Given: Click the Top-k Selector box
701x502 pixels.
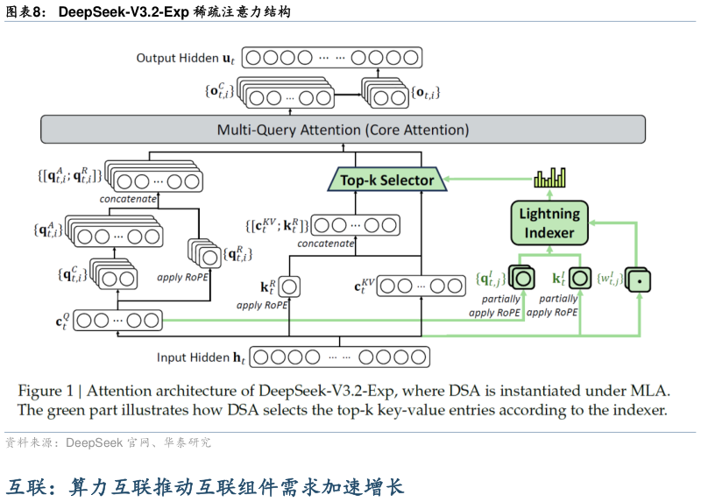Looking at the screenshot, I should [x=386, y=180].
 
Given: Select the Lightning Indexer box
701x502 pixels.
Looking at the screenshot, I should [x=549, y=223].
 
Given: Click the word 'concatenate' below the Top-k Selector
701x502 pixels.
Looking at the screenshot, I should [x=325, y=244].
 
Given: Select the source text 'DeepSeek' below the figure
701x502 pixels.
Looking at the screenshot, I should [x=96, y=443].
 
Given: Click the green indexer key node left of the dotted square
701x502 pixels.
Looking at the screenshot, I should [x=579, y=279].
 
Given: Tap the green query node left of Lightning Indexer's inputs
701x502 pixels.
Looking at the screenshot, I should [x=522, y=279].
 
